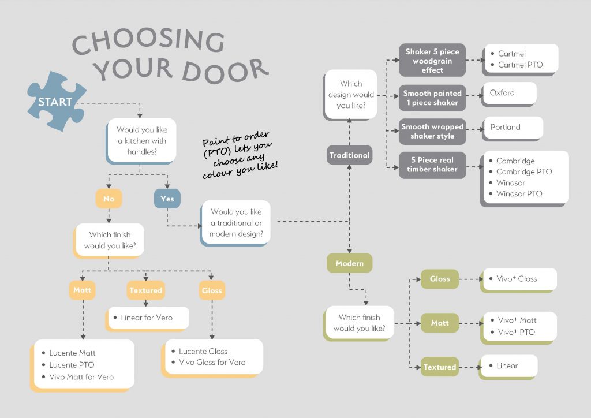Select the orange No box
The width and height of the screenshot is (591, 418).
click(x=109, y=199)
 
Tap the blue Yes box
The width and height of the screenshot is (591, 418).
click(x=167, y=199)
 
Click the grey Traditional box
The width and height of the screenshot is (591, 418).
click(x=349, y=155)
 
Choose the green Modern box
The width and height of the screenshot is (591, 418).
click(x=349, y=263)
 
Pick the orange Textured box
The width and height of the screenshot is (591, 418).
click(x=145, y=290)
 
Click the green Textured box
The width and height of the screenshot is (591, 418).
click(x=439, y=367)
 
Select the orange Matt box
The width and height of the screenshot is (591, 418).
click(x=83, y=290)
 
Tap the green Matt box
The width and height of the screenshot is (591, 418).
click(x=439, y=323)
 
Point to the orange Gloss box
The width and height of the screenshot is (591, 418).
click(x=212, y=290)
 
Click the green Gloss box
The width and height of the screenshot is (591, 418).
click(x=439, y=279)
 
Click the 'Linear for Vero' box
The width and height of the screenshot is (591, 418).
click(x=148, y=318)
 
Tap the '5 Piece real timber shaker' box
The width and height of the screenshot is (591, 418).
click(x=432, y=165)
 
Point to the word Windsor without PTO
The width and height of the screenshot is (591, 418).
click(x=511, y=182)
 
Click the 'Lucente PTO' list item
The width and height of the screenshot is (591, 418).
click(x=72, y=365)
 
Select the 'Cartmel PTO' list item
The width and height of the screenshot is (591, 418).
click(x=520, y=65)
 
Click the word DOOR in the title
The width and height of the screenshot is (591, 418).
click(x=225, y=70)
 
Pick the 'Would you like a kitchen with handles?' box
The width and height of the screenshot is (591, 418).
click(x=141, y=141)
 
